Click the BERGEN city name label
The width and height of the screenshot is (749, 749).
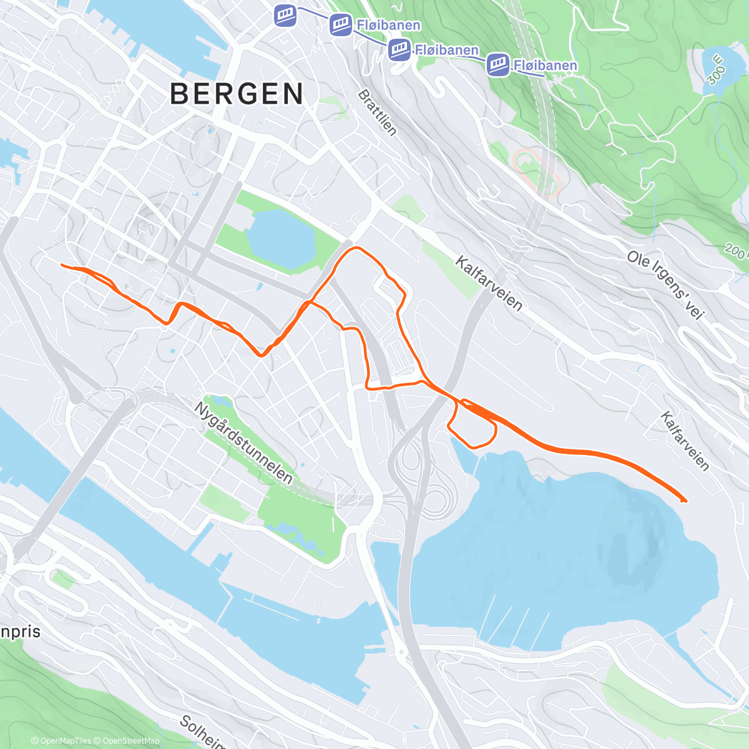237,94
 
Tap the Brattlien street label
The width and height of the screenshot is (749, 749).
377,112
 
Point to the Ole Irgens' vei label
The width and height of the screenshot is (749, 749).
666,285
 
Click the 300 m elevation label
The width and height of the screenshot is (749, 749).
716,69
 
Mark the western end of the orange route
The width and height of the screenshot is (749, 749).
62,265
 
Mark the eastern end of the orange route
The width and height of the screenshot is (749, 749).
685,501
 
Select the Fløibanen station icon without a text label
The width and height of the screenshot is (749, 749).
285,16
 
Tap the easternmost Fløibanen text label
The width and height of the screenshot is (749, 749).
546,66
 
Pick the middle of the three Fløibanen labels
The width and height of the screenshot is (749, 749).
447,50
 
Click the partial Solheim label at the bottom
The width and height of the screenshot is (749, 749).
203,732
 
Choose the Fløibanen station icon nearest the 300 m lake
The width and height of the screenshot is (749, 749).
498,64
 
